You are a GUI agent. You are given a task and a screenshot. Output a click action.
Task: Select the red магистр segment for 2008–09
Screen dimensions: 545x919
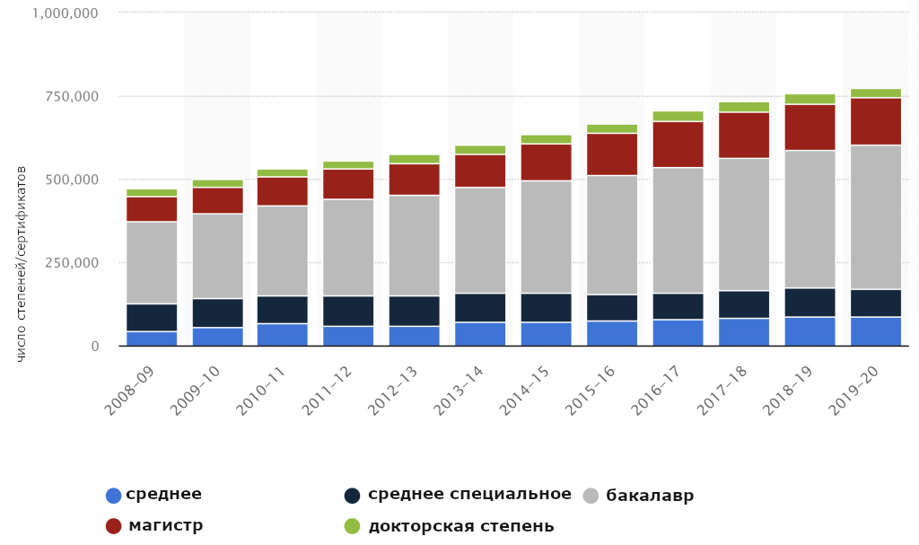[x=152, y=209]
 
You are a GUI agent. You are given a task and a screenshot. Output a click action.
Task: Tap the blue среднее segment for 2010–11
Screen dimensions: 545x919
[x=283, y=334]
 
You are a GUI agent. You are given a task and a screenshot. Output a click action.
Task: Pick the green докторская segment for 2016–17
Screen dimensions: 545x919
[x=678, y=116]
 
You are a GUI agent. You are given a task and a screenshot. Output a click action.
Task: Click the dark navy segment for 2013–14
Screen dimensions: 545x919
[x=480, y=307]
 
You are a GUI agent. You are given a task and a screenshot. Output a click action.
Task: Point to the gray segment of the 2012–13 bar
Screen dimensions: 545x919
[x=414, y=245]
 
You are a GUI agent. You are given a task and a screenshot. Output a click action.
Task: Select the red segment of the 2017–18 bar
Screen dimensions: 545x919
[x=743, y=135]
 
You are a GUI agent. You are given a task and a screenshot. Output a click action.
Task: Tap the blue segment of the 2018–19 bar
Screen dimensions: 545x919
[x=810, y=330]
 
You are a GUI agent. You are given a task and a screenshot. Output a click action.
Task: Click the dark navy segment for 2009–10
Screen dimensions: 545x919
[x=217, y=312]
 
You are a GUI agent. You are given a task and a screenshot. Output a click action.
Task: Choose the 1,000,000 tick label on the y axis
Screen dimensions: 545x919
[x=64, y=13]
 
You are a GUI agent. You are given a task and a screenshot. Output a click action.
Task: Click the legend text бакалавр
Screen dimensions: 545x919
[x=650, y=496]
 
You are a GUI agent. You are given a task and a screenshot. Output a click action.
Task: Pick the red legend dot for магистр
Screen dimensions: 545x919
[x=113, y=526]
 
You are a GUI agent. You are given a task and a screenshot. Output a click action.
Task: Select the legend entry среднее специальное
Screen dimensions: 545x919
[x=469, y=495]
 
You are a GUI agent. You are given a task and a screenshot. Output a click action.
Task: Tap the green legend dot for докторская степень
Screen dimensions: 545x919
[x=353, y=526]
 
